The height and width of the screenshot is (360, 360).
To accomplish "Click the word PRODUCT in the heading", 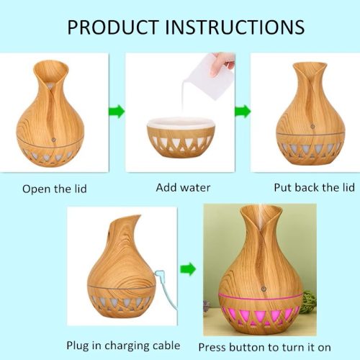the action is (113, 27).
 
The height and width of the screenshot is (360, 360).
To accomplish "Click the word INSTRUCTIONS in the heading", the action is (235, 27).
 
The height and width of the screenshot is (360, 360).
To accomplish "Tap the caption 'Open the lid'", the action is (55, 189).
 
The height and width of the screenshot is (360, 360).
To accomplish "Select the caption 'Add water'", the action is (183, 187).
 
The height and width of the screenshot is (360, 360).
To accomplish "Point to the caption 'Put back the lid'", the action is (315, 187).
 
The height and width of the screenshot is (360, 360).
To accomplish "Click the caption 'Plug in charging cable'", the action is (123, 346).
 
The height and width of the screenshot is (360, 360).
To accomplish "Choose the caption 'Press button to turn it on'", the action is (265, 347).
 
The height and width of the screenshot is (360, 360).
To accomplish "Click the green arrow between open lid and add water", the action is (117, 112).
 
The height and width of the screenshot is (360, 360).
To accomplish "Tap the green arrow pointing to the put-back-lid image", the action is (243, 112).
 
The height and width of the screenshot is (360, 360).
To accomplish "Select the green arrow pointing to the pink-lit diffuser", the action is (188, 269).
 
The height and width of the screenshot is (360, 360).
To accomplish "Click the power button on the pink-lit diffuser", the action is (264, 289).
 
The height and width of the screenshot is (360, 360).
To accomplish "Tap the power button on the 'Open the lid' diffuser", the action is (54, 139).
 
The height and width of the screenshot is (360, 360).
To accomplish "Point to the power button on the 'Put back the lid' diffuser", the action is (312, 126).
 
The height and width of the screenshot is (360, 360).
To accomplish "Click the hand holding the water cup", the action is (222, 63).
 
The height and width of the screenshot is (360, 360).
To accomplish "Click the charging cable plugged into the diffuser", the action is (166, 288).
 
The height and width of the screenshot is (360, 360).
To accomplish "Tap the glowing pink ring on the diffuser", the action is (261, 297).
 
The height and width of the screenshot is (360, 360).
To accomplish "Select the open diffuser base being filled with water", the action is (180, 138).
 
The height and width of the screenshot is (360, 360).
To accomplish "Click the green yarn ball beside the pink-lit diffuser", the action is (310, 301).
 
